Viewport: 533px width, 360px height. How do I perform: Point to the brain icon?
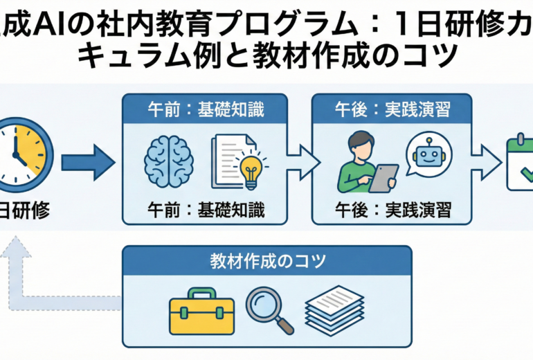tap(170, 161)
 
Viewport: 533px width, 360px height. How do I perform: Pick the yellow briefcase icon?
tap(198, 311)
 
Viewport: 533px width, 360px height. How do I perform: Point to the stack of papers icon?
tap(334, 308)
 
